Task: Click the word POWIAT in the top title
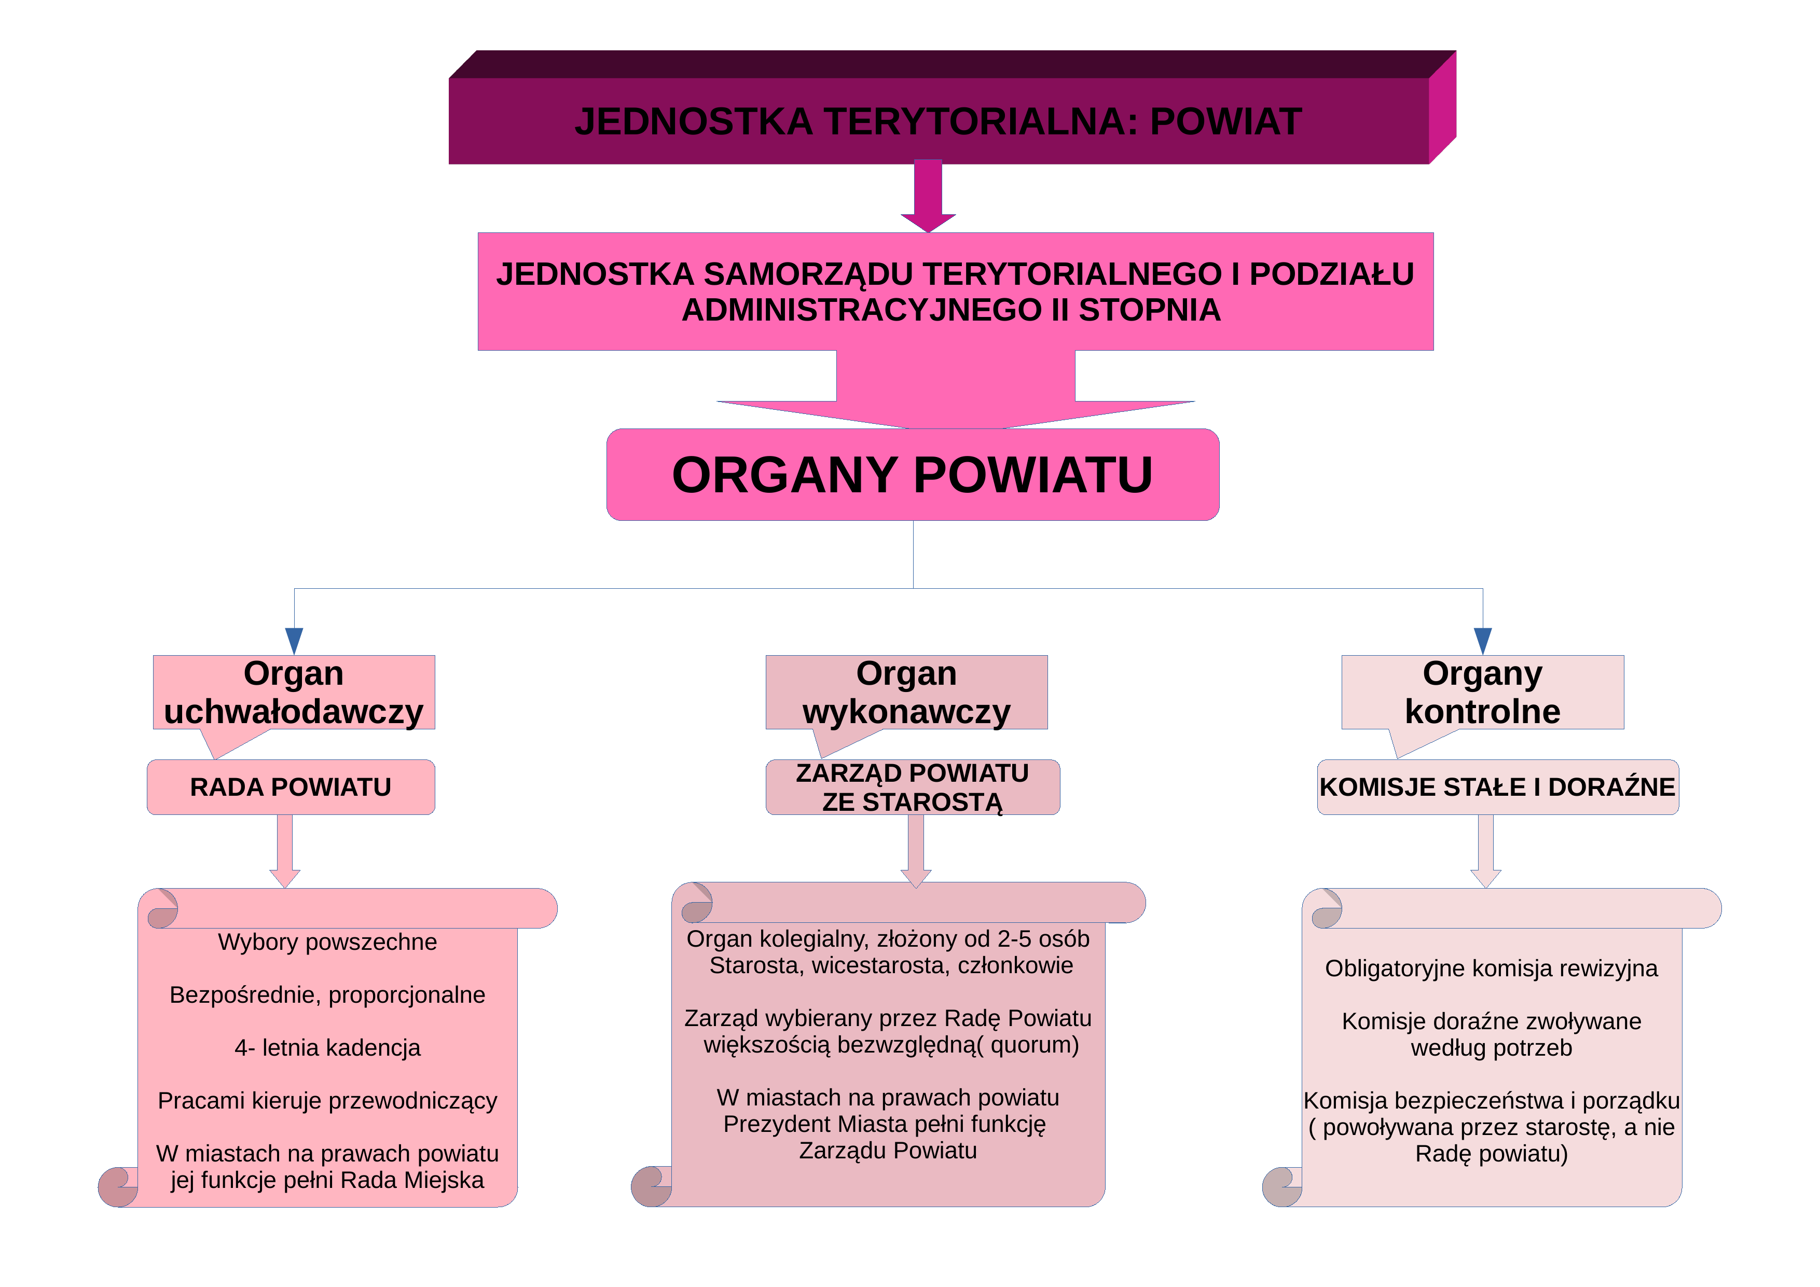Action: click(x=1225, y=121)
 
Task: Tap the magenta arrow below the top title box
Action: click(x=928, y=196)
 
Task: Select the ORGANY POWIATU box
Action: click(x=913, y=475)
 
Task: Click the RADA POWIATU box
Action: click(x=291, y=787)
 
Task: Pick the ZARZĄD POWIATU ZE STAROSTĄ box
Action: click(x=913, y=787)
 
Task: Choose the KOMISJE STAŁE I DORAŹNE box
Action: click(x=1497, y=787)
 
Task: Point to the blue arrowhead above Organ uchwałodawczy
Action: click(x=294, y=640)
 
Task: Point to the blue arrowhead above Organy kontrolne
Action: click(x=1482, y=640)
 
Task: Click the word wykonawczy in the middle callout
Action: click(x=906, y=712)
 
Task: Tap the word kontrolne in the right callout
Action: click(x=1482, y=712)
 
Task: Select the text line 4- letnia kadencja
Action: click(x=327, y=1048)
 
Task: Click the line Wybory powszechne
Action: click(x=327, y=942)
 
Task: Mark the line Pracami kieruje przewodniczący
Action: click(x=327, y=1101)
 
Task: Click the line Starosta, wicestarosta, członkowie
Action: click(x=891, y=965)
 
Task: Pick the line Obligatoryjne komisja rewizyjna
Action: click(x=1491, y=968)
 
